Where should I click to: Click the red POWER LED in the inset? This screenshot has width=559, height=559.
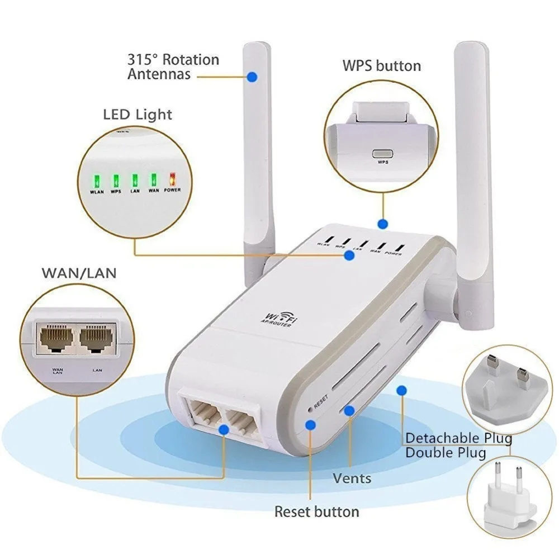(172, 180)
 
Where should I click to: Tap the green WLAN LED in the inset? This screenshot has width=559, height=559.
(96, 181)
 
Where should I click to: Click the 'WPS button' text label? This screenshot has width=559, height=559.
(381, 66)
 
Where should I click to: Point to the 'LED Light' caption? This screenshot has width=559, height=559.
(138, 115)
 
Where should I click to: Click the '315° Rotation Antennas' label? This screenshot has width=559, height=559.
(173, 66)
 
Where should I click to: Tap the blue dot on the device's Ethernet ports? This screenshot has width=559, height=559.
(225, 429)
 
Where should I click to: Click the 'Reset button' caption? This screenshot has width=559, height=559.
(316, 511)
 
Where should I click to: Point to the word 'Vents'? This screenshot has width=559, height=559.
(352, 479)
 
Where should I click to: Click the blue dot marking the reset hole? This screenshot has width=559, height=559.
(310, 425)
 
